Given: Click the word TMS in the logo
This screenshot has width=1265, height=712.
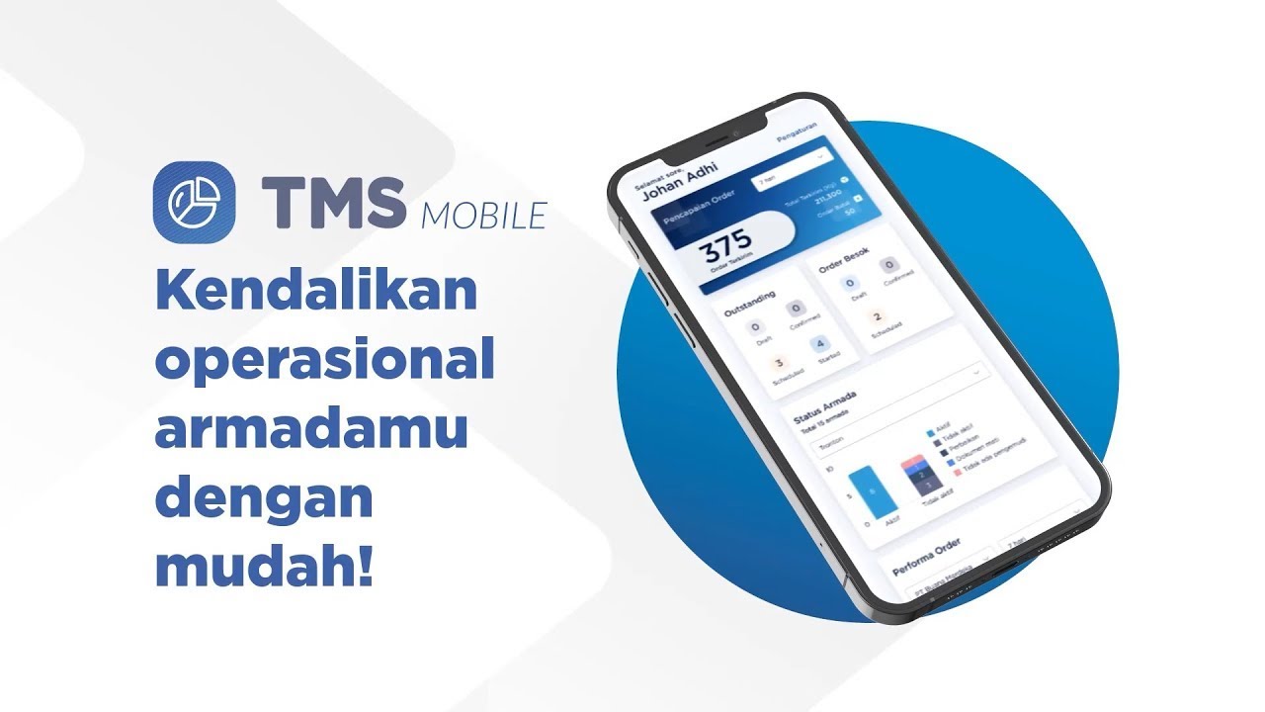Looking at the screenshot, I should (334, 201).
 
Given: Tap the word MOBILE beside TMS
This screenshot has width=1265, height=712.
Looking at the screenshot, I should (484, 215).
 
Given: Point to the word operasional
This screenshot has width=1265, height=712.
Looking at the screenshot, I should (324, 362).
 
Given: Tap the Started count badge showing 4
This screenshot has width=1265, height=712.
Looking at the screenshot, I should (819, 345).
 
